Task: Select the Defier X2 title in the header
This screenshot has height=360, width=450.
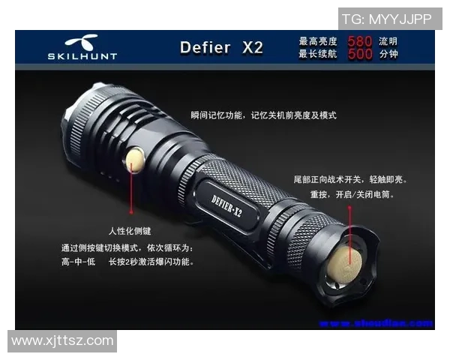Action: pos(221,48)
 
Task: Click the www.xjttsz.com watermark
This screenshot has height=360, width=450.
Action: pos(62,341)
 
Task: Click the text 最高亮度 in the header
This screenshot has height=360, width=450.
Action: pos(318,41)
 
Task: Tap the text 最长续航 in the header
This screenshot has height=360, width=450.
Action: pos(318,54)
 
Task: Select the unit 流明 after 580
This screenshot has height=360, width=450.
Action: pos(388,41)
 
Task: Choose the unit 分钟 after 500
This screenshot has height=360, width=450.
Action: pos(388,54)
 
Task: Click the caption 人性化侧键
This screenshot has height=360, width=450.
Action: pos(130,232)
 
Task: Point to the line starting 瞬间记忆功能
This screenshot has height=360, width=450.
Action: pos(263,115)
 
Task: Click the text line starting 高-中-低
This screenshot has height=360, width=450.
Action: pos(127,262)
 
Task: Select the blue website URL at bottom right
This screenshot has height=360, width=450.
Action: pos(376,323)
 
